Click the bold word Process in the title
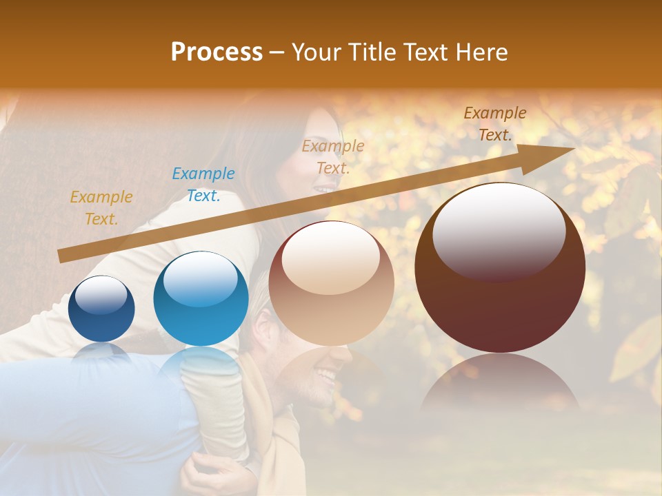[217, 52]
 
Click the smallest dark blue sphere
[101, 309]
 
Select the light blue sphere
[201, 298]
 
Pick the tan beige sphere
[331, 282]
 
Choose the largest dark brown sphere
[500, 267]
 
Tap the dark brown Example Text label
[494, 124]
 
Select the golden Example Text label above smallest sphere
[101, 208]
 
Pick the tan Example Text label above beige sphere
[333, 156]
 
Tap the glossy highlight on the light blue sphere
[200, 278]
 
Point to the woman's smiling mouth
[323, 187]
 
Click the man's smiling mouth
[325, 376]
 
